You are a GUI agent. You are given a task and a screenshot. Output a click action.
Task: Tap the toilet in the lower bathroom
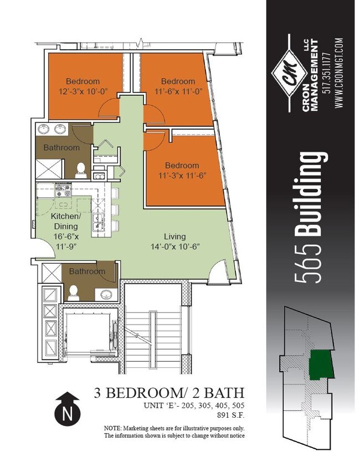tap(73, 292)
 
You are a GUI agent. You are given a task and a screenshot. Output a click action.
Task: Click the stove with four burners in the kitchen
tap(63, 192)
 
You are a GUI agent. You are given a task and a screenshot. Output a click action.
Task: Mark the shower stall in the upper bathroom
tap(49, 167)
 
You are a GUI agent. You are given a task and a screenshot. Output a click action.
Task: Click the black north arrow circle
tap(68, 412)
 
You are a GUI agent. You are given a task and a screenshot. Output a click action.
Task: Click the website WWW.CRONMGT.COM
tap(339, 73)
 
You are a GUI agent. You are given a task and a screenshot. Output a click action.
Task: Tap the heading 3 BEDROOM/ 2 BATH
tap(169, 393)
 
